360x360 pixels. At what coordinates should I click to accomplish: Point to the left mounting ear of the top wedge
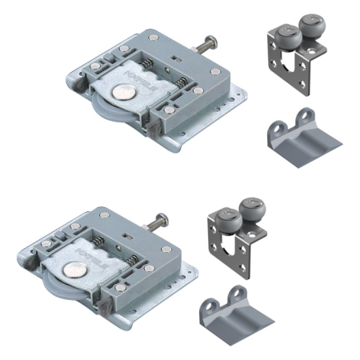276,128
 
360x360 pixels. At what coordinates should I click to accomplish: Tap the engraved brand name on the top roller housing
153,77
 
